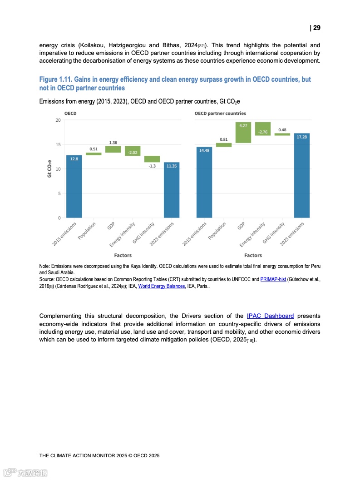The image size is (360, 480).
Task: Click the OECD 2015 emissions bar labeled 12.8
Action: tap(74, 186)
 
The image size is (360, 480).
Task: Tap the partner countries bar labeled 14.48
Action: tap(204, 182)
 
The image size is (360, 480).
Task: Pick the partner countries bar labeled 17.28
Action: tap(302, 175)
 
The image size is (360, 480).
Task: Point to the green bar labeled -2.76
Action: tap(263, 129)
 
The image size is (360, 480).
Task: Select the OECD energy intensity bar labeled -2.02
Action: tap(133, 151)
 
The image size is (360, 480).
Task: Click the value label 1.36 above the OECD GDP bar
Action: tap(113, 143)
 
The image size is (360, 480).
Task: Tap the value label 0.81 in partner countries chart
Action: tap(224, 139)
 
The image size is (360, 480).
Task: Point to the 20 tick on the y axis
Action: tap(58, 120)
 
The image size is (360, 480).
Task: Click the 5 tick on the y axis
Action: tap(59, 193)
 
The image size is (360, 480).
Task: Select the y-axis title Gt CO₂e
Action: tap(49, 169)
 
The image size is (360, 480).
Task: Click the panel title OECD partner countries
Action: tap(220, 113)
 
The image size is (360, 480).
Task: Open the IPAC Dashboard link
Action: tap(270, 316)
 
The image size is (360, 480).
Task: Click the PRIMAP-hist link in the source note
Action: tap(273, 279)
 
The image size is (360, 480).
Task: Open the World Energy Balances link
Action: tap(162, 286)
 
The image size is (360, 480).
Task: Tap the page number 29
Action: tap(316, 28)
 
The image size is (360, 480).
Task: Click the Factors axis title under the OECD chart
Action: tap(123, 256)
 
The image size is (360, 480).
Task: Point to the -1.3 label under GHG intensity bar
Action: tap(153, 166)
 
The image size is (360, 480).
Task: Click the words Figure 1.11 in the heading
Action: tap(56, 79)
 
